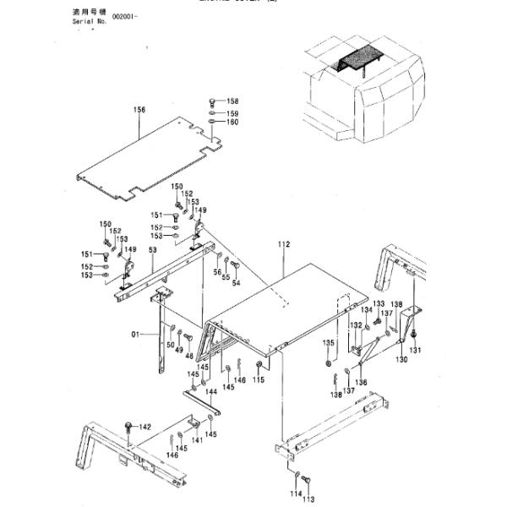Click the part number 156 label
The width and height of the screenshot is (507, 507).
(139, 109)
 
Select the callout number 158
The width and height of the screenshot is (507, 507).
(232, 101)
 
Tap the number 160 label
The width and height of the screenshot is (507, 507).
(232, 123)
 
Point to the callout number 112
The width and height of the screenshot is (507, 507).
(283, 244)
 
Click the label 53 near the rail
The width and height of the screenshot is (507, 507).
(153, 250)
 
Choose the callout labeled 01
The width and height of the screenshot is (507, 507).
(134, 335)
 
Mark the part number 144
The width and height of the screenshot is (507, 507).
(210, 392)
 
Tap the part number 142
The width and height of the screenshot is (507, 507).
(144, 427)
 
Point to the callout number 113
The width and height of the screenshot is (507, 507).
(308, 499)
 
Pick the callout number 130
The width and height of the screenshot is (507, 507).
(401, 359)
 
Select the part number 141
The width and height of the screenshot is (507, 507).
(197, 439)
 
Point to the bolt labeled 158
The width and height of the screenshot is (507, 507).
(211, 102)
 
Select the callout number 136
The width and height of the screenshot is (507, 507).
(362, 382)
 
